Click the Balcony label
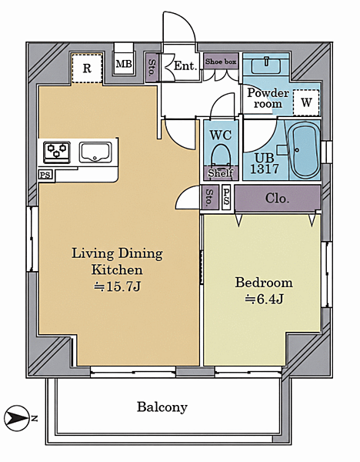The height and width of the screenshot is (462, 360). [162, 407]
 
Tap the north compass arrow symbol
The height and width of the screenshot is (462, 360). [17, 418]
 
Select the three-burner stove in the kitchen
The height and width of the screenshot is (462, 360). [57, 152]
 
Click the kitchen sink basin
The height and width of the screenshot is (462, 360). [95, 152]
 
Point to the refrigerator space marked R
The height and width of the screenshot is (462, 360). [87, 69]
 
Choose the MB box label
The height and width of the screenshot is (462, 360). [124, 64]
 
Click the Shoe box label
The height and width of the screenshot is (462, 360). [221, 62]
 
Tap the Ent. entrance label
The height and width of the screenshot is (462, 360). [185, 65]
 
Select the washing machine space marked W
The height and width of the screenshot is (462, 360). [306, 102]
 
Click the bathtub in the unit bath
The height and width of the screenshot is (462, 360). [304, 149]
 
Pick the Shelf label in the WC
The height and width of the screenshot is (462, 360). [221, 173]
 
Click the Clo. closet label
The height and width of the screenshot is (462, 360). [277, 199]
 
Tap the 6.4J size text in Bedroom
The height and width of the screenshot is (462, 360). [265, 299]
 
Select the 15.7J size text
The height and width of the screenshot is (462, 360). [118, 286]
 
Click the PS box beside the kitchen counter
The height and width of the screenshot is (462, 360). [45, 175]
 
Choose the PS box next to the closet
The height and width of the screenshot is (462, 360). [226, 197]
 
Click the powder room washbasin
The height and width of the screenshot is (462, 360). [266, 65]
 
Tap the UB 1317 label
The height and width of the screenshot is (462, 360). [265, 163]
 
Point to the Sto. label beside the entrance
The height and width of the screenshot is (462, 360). [152, 68]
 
